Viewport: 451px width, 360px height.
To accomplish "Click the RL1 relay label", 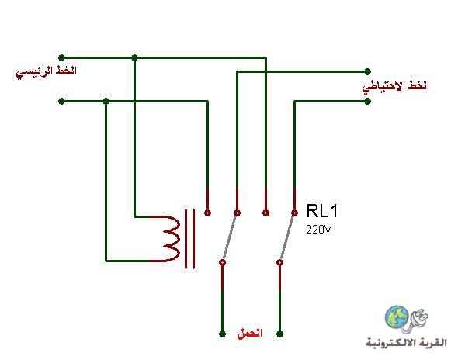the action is click(x=322, y=211).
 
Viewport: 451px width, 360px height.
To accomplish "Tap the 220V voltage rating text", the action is click(x=319, y=230).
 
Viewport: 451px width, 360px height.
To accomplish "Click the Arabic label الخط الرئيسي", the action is click(x=47, y=71).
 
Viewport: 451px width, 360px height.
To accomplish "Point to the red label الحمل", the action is click(x=250, y=334).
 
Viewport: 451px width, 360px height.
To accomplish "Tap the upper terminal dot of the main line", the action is click(x=61, y=57).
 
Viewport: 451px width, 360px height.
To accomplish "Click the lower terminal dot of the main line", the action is click(x=61, y=101).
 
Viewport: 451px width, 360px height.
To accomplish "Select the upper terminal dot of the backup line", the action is click(x=367, y=71).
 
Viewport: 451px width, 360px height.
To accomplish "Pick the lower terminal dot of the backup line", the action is click(x=367, y=101).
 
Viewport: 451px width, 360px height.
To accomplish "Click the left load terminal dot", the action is click(x=222, y=334).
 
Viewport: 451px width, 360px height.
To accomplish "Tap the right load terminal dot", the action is click(x=279, y=334).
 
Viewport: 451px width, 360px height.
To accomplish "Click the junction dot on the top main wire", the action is click(x=134, y=57).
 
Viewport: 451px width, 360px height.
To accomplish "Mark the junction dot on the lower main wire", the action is click(x=106, y=101).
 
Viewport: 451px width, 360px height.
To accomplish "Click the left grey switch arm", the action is click(x=230, y=237).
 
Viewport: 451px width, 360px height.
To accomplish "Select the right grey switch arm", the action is click(x=287, y=237).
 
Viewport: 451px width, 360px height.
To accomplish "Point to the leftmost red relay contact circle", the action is click(x=208, y=213).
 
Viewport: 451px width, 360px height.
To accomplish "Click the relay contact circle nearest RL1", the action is click(x=294, y=213).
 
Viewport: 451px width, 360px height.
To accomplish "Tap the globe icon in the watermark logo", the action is click(x=397, y=317).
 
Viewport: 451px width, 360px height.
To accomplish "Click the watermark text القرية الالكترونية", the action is click(x=406, y=342).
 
